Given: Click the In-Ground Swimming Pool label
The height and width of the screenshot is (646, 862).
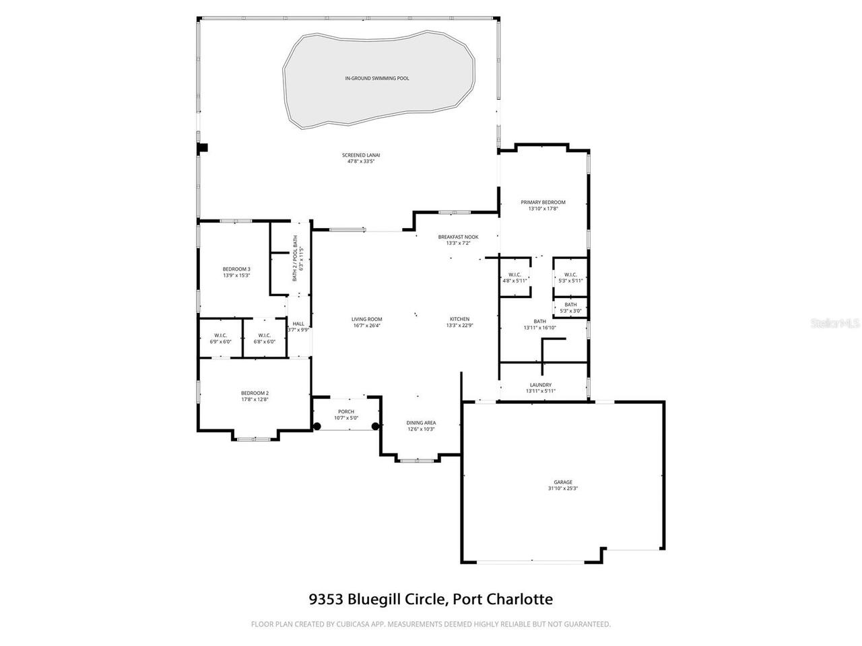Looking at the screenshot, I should pyautogui.click(x=376, y=79).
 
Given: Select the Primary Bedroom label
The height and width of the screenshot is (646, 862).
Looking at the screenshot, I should pyautogui.click(x=543, y=202).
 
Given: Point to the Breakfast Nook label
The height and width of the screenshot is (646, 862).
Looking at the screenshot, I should pyautogui.click(x=458, y=237).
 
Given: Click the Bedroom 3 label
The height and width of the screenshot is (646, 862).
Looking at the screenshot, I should pyautogui.click(x=236, y=268).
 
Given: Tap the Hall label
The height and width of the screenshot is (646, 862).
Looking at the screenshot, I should pyautogui.click(x=298, y=324).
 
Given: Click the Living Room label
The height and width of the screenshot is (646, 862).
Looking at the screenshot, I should pyautogui.click(x=366, y=319).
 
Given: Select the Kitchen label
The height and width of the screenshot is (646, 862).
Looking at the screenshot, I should pyautogui.click(x=460, y=319).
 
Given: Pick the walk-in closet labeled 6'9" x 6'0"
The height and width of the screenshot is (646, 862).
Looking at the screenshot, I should pyautogui.click(x=220, y=338).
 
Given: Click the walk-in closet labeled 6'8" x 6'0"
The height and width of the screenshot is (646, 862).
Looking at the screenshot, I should pyautogui.click(x=264, y=338).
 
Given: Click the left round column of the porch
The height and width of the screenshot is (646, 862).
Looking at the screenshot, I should pyautogui.click(x=317, y=426).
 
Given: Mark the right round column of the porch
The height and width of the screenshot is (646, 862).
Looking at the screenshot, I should pyautogui.click(x=375, y=426).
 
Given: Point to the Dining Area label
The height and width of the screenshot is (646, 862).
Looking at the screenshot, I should pyautogui.click(x=421, y=423).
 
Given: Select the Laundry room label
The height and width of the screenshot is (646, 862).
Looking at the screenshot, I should pyautogui.click(x=541, y=385).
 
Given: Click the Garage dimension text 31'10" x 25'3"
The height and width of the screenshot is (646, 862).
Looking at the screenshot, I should pyautogui.click(x=563, y=489).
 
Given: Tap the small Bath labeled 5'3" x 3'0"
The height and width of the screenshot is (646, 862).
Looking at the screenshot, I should pyautogui.click(x=570, y=308).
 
